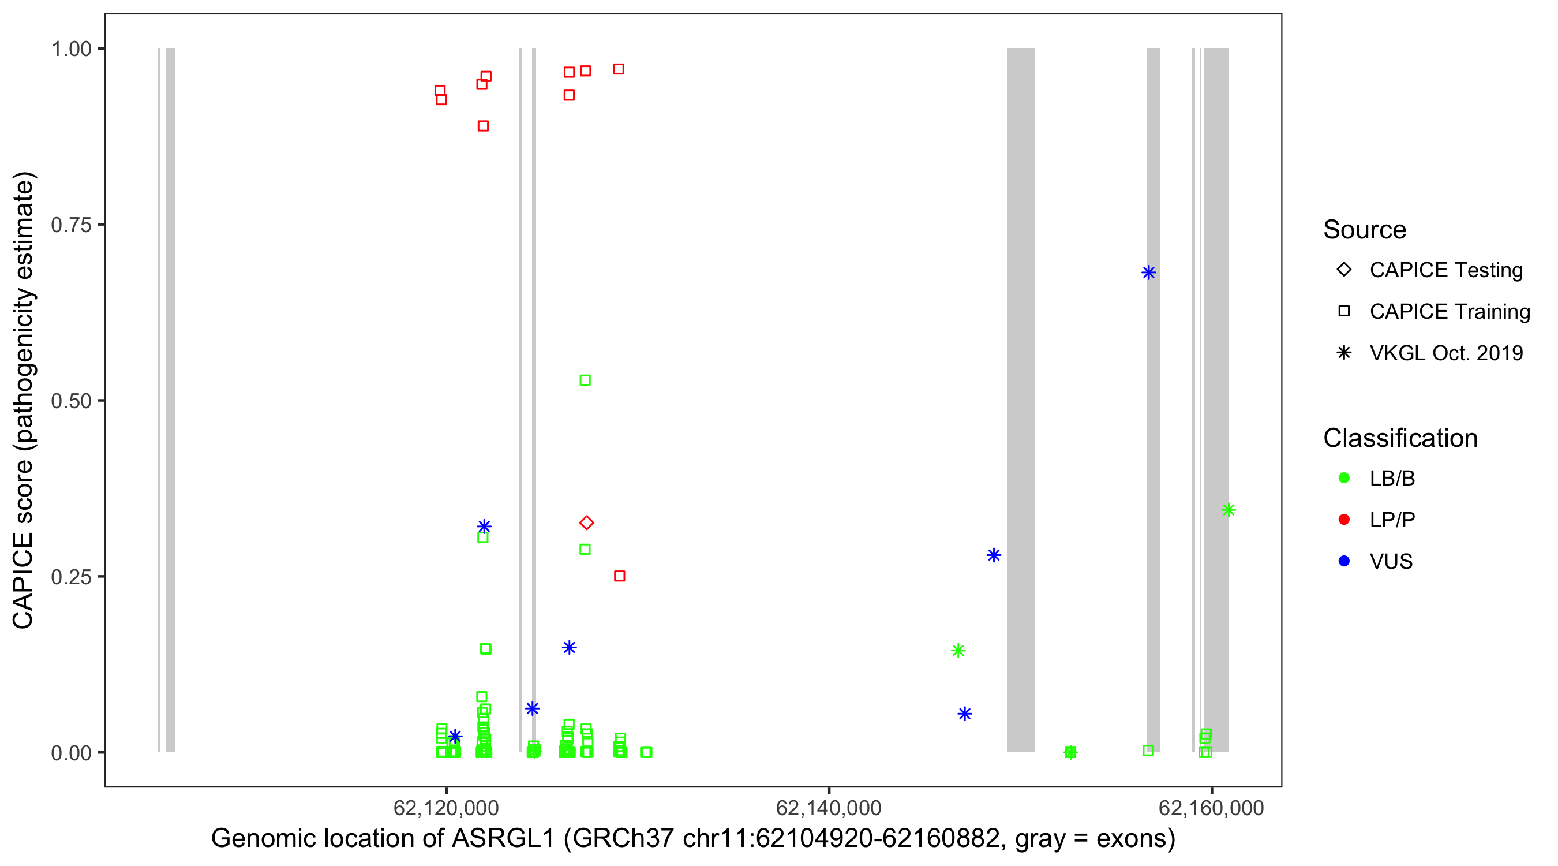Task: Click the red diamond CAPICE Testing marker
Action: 586,522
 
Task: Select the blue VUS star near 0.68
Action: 1148,273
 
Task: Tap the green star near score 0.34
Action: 1228,510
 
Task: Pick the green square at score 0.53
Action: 585,380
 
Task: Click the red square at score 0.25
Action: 619,576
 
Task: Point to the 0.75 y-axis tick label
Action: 71,225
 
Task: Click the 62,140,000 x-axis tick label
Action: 828,808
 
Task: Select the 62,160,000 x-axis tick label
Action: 1211,808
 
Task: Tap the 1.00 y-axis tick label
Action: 71,49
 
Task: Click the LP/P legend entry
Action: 1392,520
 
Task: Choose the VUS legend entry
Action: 1391,562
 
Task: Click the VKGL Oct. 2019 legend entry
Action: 1445,353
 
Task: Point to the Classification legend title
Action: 1399,438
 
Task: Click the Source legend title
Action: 1365,230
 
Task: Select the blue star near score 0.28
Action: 994,555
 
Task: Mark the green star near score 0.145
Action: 958,651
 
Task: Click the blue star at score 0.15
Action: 569,648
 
